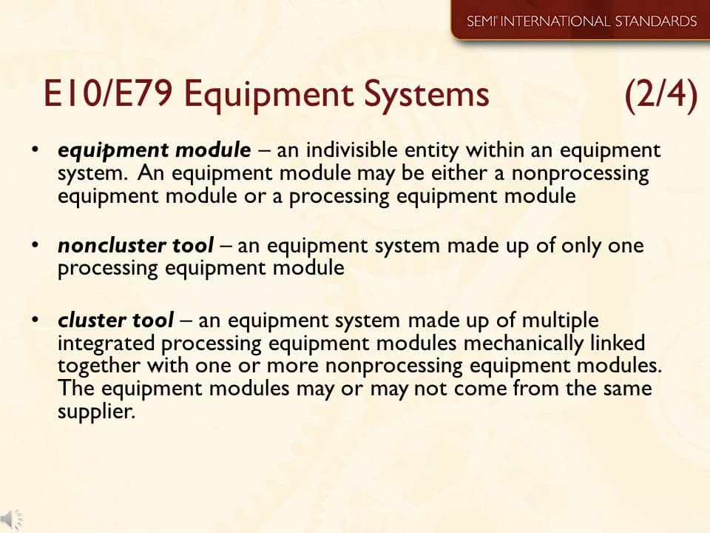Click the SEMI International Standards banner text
click(581, 21)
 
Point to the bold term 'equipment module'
click(155, 150)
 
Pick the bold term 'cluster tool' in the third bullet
click(115, 321)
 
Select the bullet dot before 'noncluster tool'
click(35, 244)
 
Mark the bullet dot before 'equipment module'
click(35, 150)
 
